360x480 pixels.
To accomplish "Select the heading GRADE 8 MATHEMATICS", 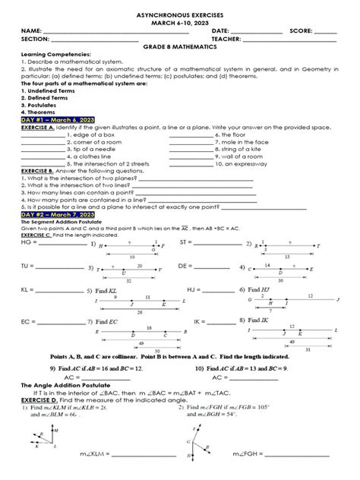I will click(179, 46).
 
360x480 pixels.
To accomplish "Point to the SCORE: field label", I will click(302, 30).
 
